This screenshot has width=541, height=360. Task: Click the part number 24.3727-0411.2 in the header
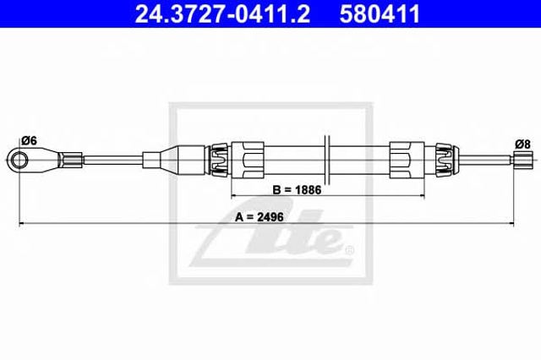222,14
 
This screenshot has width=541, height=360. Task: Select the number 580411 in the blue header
380,14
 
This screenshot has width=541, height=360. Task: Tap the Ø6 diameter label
29,140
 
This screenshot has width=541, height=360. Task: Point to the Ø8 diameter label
522,145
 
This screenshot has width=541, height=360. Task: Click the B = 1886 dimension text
297,190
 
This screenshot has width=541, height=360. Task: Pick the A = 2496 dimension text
260,217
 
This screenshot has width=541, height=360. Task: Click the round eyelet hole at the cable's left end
19,160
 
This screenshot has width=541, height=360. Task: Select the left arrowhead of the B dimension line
233,196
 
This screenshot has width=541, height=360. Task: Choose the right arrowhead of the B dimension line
422,196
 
